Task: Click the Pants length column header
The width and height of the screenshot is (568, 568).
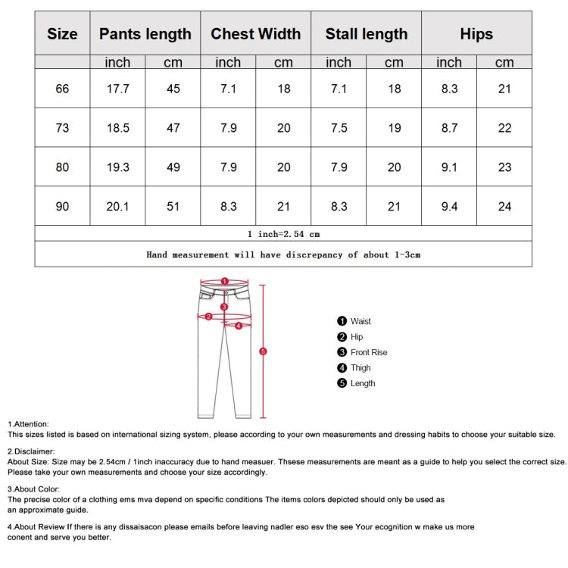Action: point(145,34)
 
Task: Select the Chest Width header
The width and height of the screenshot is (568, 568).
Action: point(255,34)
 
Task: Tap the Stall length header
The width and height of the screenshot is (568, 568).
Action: point(366,34)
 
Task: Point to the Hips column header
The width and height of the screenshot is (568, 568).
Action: point(476,34)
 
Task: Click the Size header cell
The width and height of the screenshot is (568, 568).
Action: point(62,34)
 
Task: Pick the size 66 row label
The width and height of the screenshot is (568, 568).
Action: point(62,89)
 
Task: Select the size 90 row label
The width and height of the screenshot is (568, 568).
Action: point(62,206)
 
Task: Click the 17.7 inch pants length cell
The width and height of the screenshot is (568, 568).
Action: point(117,89)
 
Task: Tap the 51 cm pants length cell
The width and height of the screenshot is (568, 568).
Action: point(173,206)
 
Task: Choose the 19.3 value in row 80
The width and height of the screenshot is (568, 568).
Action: point(117,167)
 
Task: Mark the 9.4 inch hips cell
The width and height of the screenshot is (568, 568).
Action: point(449,206)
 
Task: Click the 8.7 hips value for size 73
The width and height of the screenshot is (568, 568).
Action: point(449,128)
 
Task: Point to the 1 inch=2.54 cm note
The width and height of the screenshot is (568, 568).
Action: point(283,234)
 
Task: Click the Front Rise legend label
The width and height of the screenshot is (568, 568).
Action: point(369,352)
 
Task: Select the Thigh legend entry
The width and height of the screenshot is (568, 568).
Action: point(360,368)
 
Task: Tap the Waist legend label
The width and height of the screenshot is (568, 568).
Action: point(360,321)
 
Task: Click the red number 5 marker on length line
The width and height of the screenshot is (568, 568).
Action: point(263,351)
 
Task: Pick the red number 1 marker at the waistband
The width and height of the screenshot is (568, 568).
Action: point(225,281)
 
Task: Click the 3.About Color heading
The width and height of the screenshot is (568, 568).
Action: point(33,489)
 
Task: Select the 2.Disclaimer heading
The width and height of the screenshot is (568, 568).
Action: point(31,451)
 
